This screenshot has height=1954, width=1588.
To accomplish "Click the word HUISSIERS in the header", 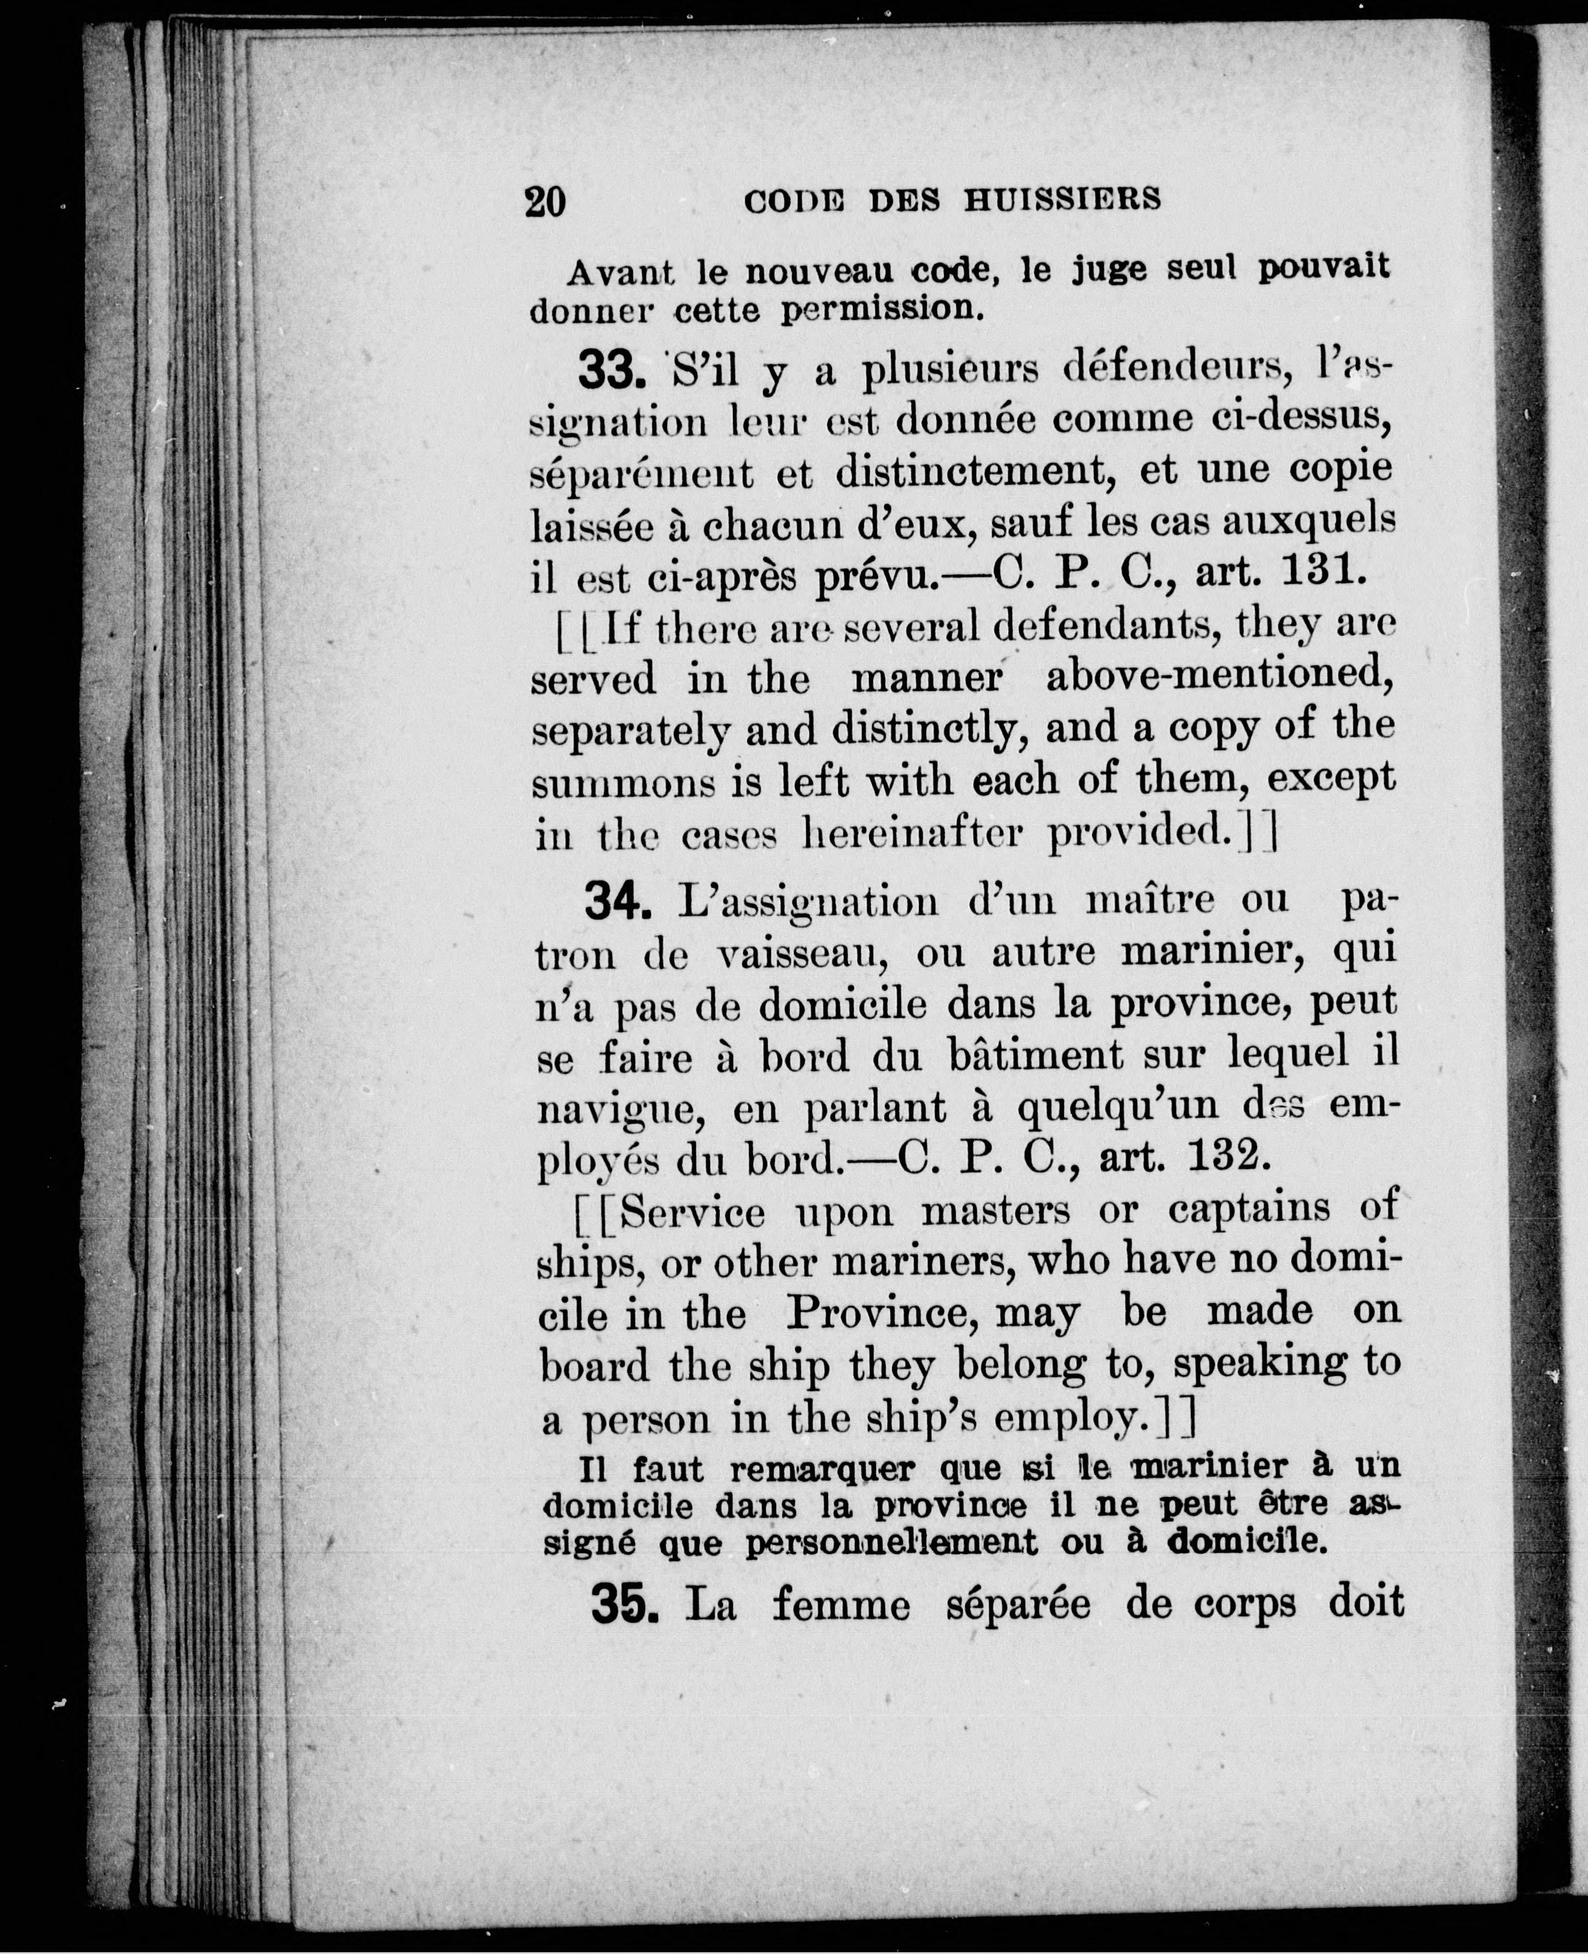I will (x=1063, y=199).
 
